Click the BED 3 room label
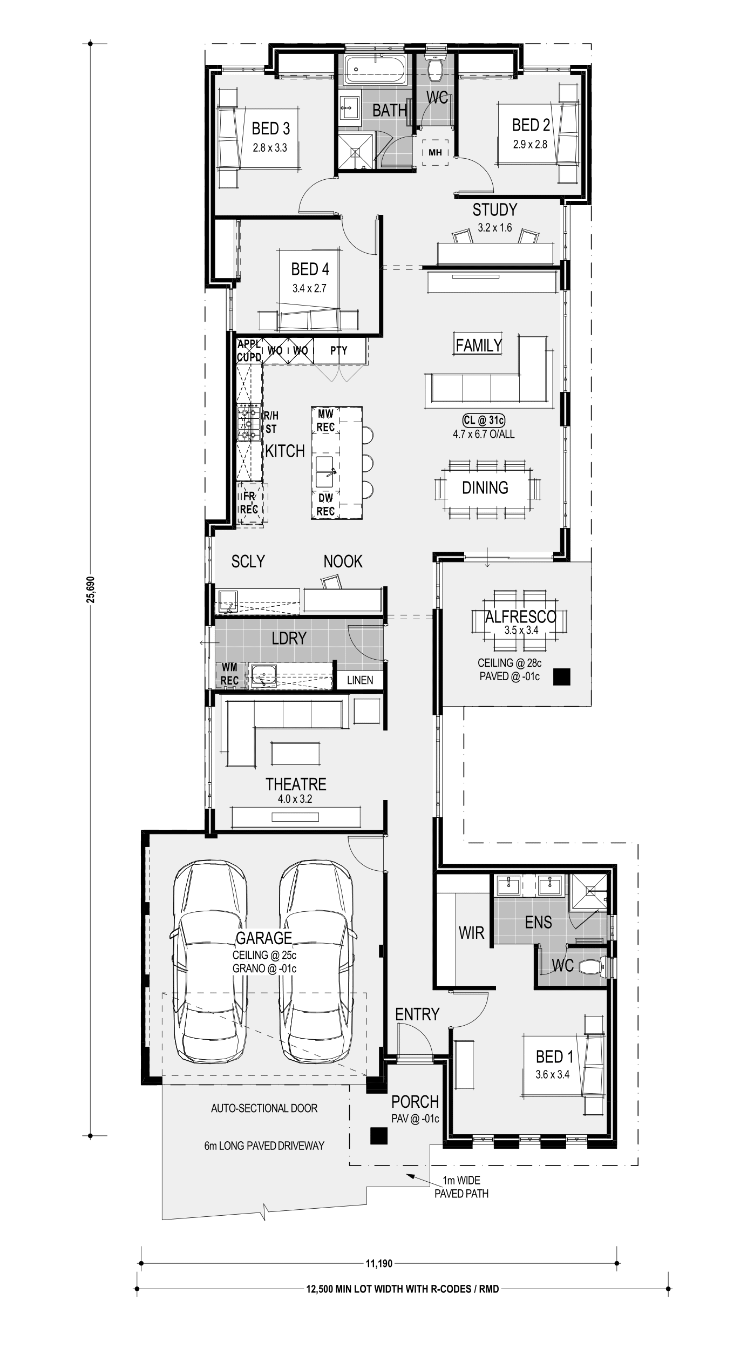point(271,128)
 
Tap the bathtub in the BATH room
point(376,70)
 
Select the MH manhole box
point(435,153)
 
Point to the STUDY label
point(494,209)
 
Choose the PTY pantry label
point(339,350)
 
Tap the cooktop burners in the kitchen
point(249,423)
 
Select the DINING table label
point(485,487)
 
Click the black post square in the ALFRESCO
point(562,677)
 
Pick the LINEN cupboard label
point(360,680)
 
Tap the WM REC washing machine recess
point(229,675)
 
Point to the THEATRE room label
point(296,784)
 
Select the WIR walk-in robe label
point(471,932)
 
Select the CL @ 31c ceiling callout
point(484,419)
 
